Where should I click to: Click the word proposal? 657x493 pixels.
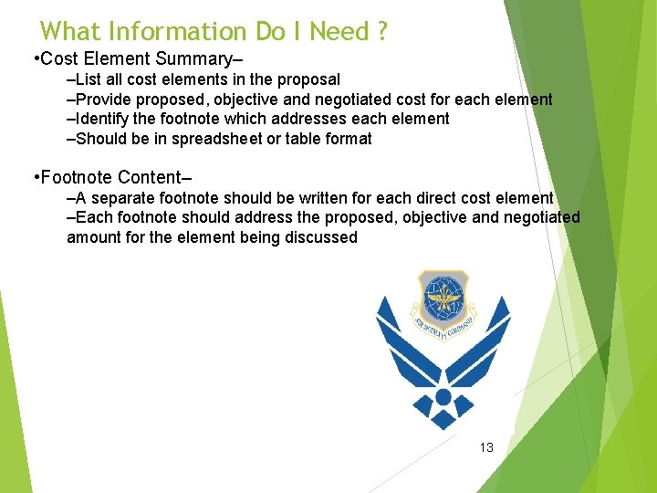tap(306, 80)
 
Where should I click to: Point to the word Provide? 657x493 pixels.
tap(104, 100)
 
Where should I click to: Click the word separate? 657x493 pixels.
tap(123, 198)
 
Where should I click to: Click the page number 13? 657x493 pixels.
tap(486, 447)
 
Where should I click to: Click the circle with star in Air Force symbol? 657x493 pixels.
tap(443, 396)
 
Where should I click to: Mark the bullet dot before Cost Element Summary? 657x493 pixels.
tap(34, 60)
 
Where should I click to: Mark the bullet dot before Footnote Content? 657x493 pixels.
tap(34, 177)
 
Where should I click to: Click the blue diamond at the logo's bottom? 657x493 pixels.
tap(443, 419)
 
